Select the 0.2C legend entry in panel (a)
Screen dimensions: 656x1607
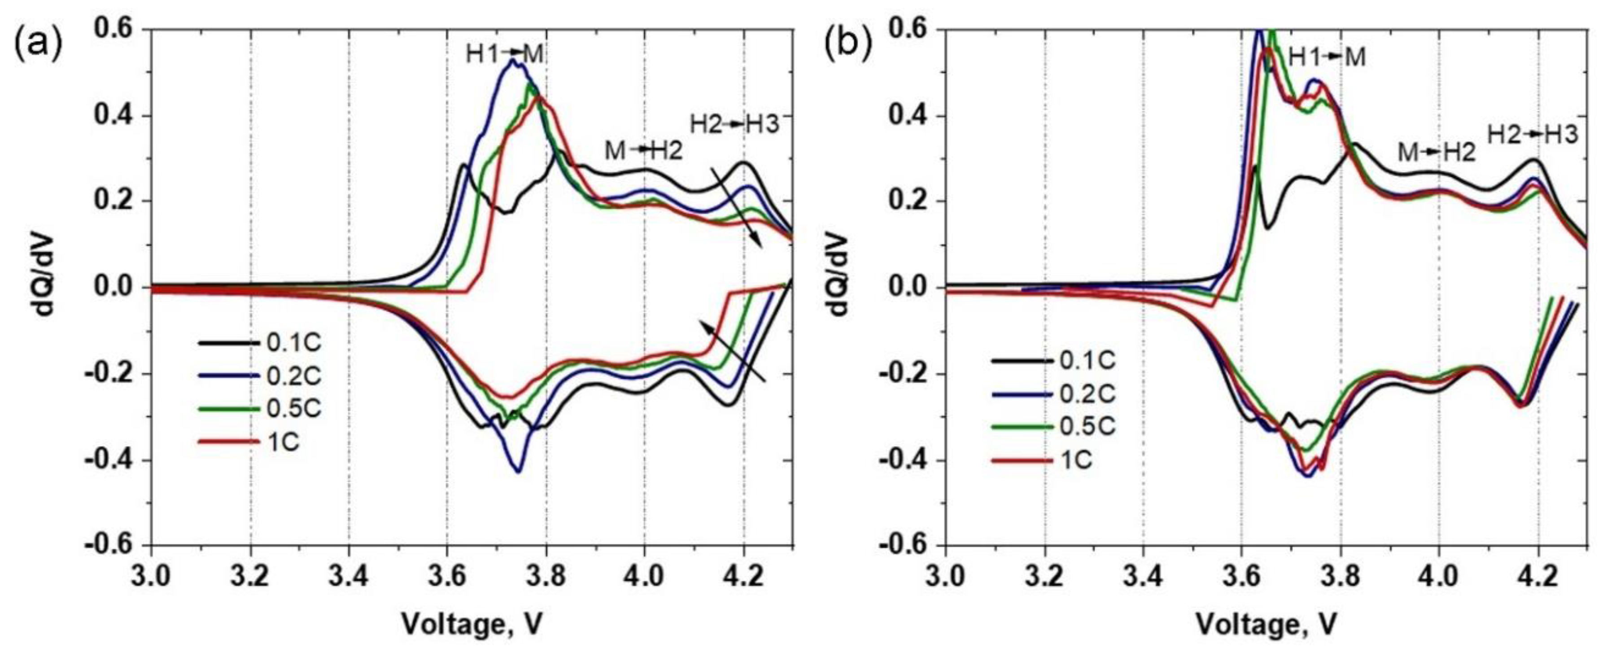tap(293, 376)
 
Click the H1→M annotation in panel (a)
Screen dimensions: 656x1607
tap(505, 55)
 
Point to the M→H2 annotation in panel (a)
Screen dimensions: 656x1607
tap(643, 150)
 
